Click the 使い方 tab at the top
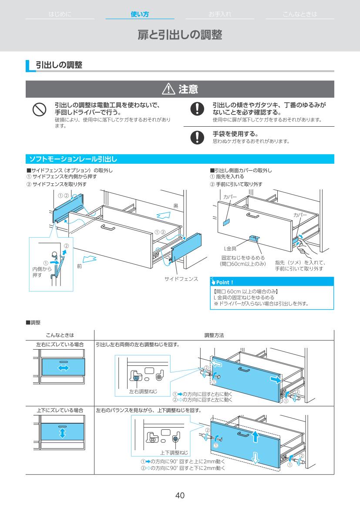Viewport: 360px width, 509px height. (x=140, y=14)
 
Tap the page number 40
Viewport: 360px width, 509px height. (x=180, y=496)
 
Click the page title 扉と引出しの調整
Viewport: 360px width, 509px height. (x=180, y=35)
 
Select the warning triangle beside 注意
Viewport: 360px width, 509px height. (x=168, y=90)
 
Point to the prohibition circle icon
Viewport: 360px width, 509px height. (x=40, y=110)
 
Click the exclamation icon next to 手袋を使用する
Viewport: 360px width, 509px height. (x=197, y=137)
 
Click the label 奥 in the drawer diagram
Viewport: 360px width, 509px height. (x=176, y=206)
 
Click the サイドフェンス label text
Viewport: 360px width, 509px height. (x=181, y=279)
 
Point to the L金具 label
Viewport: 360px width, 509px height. (x=230, y=248)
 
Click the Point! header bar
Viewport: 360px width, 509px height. (x=272, y=282)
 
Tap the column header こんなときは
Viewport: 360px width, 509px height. (x=60, y=335)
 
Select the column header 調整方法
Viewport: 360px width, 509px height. (x=214, y=335)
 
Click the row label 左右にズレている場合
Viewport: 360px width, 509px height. (x=60, y=344)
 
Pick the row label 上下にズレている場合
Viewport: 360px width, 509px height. (x=60, y=410)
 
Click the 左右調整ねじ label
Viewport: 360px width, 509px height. (x=143, y=391)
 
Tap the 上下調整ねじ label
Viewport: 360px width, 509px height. (x=174, y=452)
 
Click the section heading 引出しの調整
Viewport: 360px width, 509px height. (x=59, y=65)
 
